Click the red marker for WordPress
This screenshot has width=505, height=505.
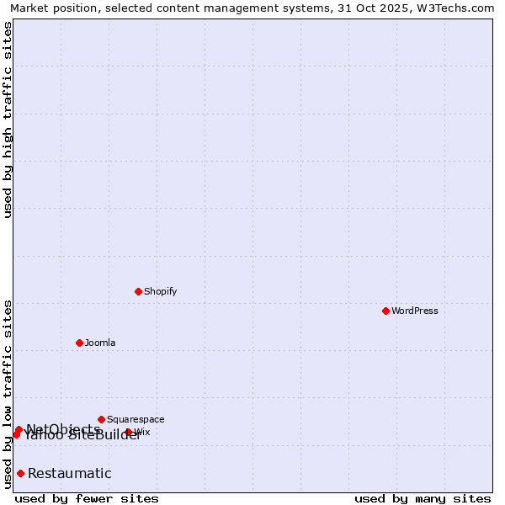[x=385, y=311]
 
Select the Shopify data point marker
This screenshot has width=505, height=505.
[x=138, y=291]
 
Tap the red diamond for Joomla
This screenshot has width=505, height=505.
[x=79, y=343]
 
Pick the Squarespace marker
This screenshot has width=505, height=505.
[x=101, y=419]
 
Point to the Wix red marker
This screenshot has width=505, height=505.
[x=129, y=432]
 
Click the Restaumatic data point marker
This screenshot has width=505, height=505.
[x=20, y=473]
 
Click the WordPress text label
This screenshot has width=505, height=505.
[x=415, y=311]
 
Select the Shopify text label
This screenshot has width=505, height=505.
[x=160, y=291]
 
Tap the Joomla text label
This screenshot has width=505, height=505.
[x=100, y=343]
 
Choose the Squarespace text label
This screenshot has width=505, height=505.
[x=136, y=419]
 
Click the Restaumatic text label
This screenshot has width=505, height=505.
[x=69, y=473]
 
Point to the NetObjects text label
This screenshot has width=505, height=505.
[x=63, y=429]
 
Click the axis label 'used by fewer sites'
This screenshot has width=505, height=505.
[x=87, y=498]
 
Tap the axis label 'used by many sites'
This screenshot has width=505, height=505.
[x=423, y=498]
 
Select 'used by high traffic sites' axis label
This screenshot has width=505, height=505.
[x=8, y=120]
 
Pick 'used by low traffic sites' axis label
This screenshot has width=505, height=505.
[x=8, y=393]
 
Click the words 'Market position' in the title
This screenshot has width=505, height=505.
[x=49, y=8]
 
